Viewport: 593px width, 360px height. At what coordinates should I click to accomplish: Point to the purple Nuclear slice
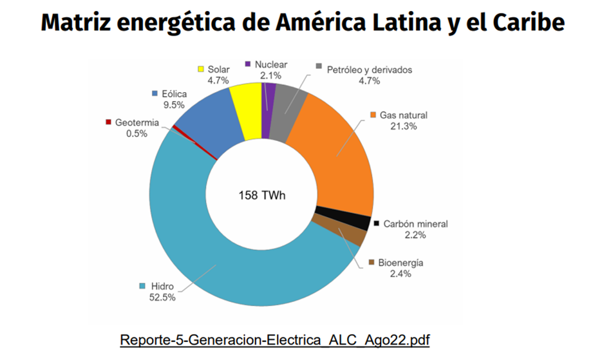[268, 109]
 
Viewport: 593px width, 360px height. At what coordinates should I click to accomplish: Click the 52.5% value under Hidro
[164, 297]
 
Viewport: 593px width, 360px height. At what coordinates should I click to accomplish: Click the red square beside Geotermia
[109, 122]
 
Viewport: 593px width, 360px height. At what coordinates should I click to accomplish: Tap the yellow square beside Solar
[201, 69]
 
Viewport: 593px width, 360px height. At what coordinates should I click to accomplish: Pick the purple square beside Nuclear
[249, 64]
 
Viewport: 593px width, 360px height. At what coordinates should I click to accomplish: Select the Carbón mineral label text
[415, 223]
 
